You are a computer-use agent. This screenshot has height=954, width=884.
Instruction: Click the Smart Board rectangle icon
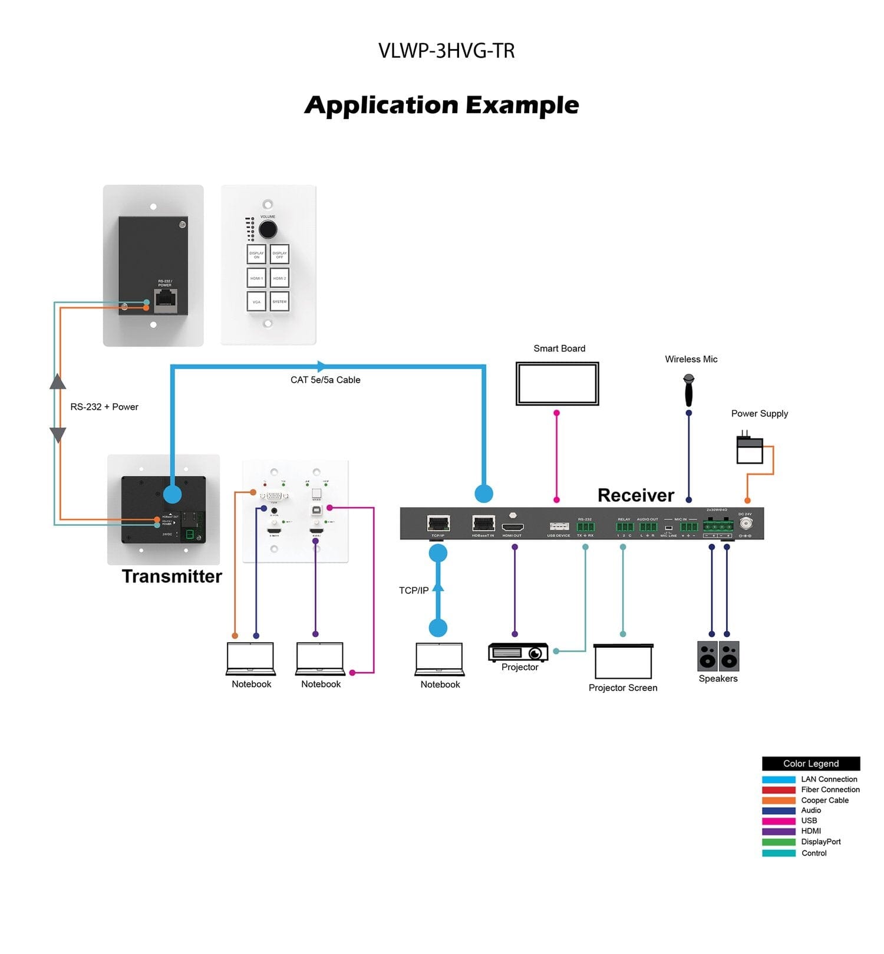tap(557, 383)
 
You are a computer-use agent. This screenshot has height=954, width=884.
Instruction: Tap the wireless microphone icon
tap(688, 390)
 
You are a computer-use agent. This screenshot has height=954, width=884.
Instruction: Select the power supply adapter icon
tap(750, 450)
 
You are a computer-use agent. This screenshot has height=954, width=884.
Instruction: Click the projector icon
tap(518, 652)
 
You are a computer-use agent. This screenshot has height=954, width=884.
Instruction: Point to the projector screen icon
tap(623, 662)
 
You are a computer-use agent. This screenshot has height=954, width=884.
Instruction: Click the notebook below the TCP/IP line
tap(440, 659)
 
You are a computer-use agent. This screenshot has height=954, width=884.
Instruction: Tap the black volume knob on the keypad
tap(268, 229)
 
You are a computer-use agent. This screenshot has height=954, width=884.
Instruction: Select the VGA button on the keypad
tap(256, 301)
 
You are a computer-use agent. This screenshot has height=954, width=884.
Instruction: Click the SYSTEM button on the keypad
tap(279, 301)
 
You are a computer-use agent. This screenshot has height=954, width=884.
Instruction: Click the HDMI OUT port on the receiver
tap(512, 526)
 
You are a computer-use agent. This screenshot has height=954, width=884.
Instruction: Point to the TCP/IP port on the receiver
tap(438, 523)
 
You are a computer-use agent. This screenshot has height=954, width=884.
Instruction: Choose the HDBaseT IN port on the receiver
tap(483, 523)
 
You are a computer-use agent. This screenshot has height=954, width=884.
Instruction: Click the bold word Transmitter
tap(171, 576)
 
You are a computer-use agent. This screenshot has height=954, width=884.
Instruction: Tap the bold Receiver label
tap(635, 495)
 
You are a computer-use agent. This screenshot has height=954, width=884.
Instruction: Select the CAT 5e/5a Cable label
tap(325, 380)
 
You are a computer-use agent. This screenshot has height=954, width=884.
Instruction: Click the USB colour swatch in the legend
tap(778, 821)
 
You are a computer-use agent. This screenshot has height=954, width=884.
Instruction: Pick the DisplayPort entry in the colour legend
tap(820, 842)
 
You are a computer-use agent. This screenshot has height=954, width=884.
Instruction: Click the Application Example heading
tap(442, 105)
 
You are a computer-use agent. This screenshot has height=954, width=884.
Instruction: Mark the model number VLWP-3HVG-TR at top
tap(446, 51)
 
